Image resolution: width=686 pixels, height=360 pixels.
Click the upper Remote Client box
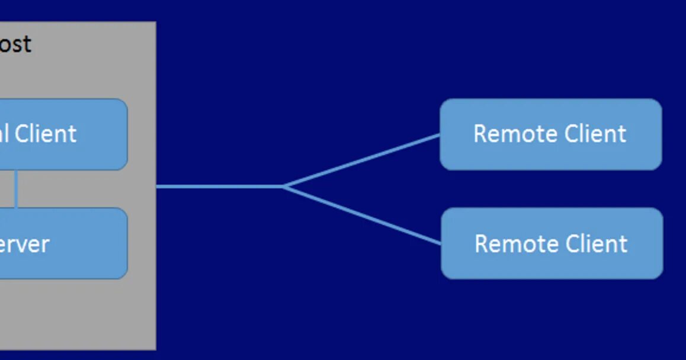point(550,134)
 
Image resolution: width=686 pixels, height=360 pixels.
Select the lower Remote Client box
point(552,243)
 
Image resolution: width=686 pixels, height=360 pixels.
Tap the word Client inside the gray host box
point(46,134)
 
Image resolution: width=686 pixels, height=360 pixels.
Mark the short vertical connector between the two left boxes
point(16,189)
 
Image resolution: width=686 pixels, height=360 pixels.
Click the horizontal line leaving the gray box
point(219,187)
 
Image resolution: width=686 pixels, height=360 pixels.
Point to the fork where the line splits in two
point(284,187)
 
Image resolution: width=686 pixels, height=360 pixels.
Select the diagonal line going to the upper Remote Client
point(361,160)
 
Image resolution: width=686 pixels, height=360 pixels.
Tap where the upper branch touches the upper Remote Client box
point(440,135)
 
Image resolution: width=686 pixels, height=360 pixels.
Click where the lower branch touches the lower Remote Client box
point(441,243)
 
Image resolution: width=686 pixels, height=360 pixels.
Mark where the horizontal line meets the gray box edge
point(157,187)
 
